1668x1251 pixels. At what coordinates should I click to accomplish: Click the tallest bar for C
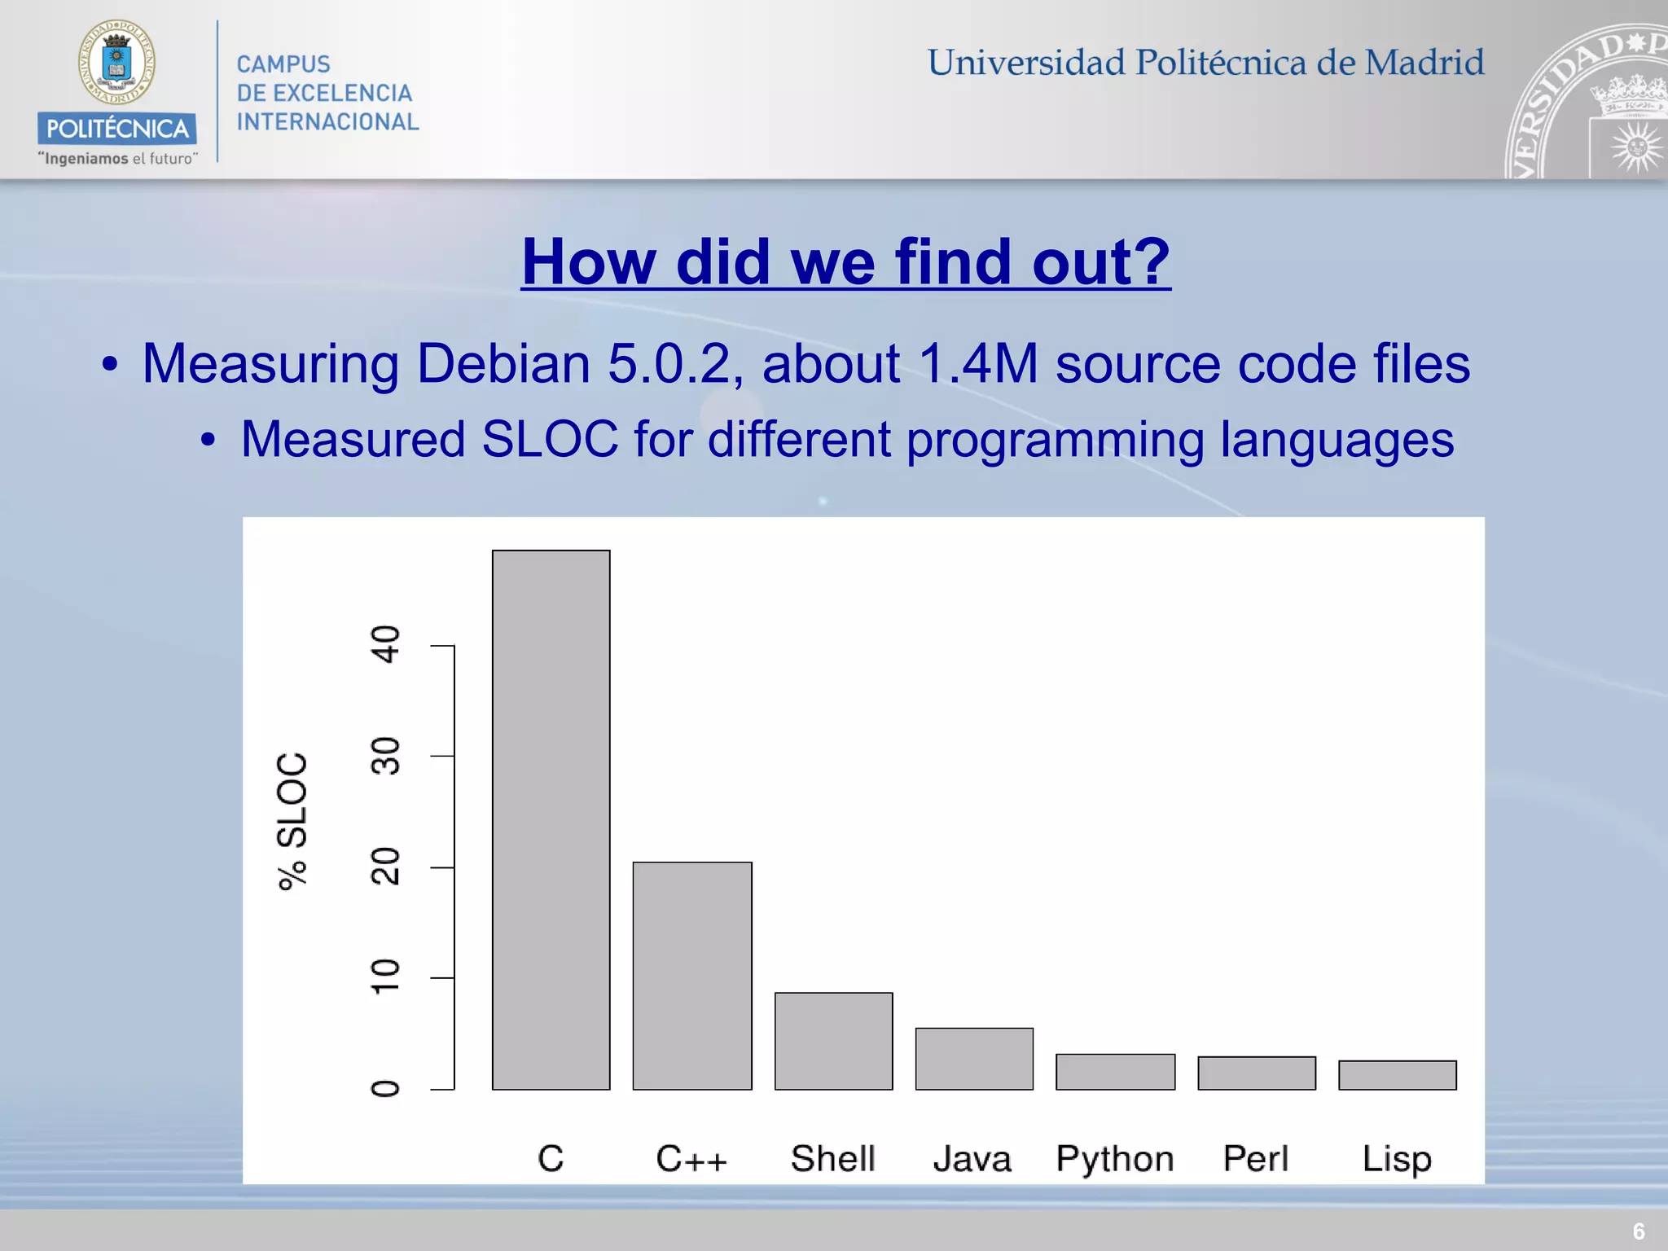pos(551,819)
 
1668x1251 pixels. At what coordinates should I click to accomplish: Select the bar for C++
pos(692,975)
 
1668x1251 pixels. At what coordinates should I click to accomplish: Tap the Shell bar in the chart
pos(833,1040)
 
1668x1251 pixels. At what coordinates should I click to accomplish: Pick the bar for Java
pos(974,1058)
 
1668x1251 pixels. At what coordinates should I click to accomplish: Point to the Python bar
pos(1115,1071)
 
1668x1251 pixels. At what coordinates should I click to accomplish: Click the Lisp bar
pos(1398,1074)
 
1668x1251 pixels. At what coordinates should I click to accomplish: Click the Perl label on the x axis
pos(1256,1158)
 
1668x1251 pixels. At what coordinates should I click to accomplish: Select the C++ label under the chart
pos(691,1158)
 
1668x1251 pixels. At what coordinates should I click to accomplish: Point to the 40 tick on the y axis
pos(385,644)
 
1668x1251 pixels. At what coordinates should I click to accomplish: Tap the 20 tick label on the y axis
pos(385,867)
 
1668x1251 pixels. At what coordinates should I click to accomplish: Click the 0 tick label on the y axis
pos(385,1089)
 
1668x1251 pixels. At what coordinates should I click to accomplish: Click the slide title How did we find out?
pos(845,261)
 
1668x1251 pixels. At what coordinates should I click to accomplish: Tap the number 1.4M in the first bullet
pos(978,363)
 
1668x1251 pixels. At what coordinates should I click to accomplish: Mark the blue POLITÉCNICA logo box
pos(116,128)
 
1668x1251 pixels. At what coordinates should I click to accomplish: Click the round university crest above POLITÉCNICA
pos(116,63)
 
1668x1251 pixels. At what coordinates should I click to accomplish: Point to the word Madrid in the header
pos(1424,63)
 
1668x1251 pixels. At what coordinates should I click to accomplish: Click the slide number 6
pos(1639,1231)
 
